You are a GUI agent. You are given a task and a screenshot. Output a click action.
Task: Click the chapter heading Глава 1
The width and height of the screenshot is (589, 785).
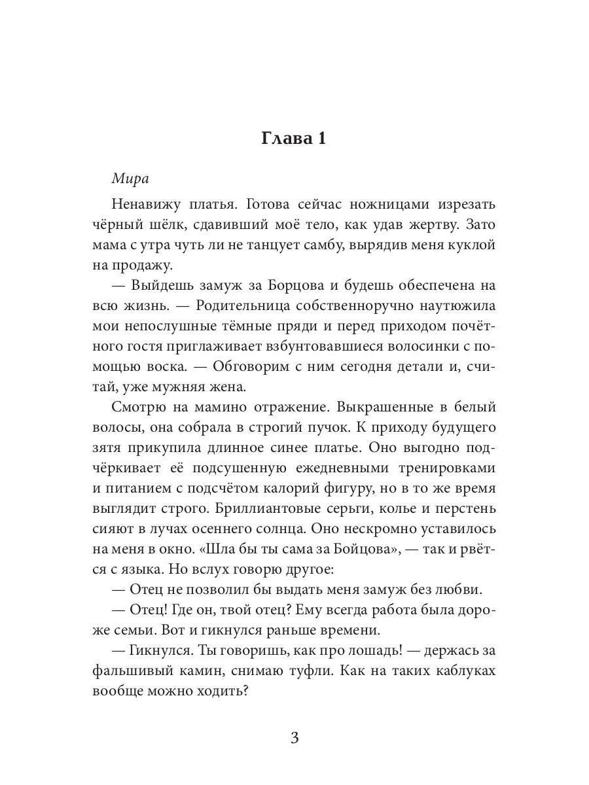[294, 139]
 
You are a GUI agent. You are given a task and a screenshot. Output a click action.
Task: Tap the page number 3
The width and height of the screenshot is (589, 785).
[294, 739]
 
